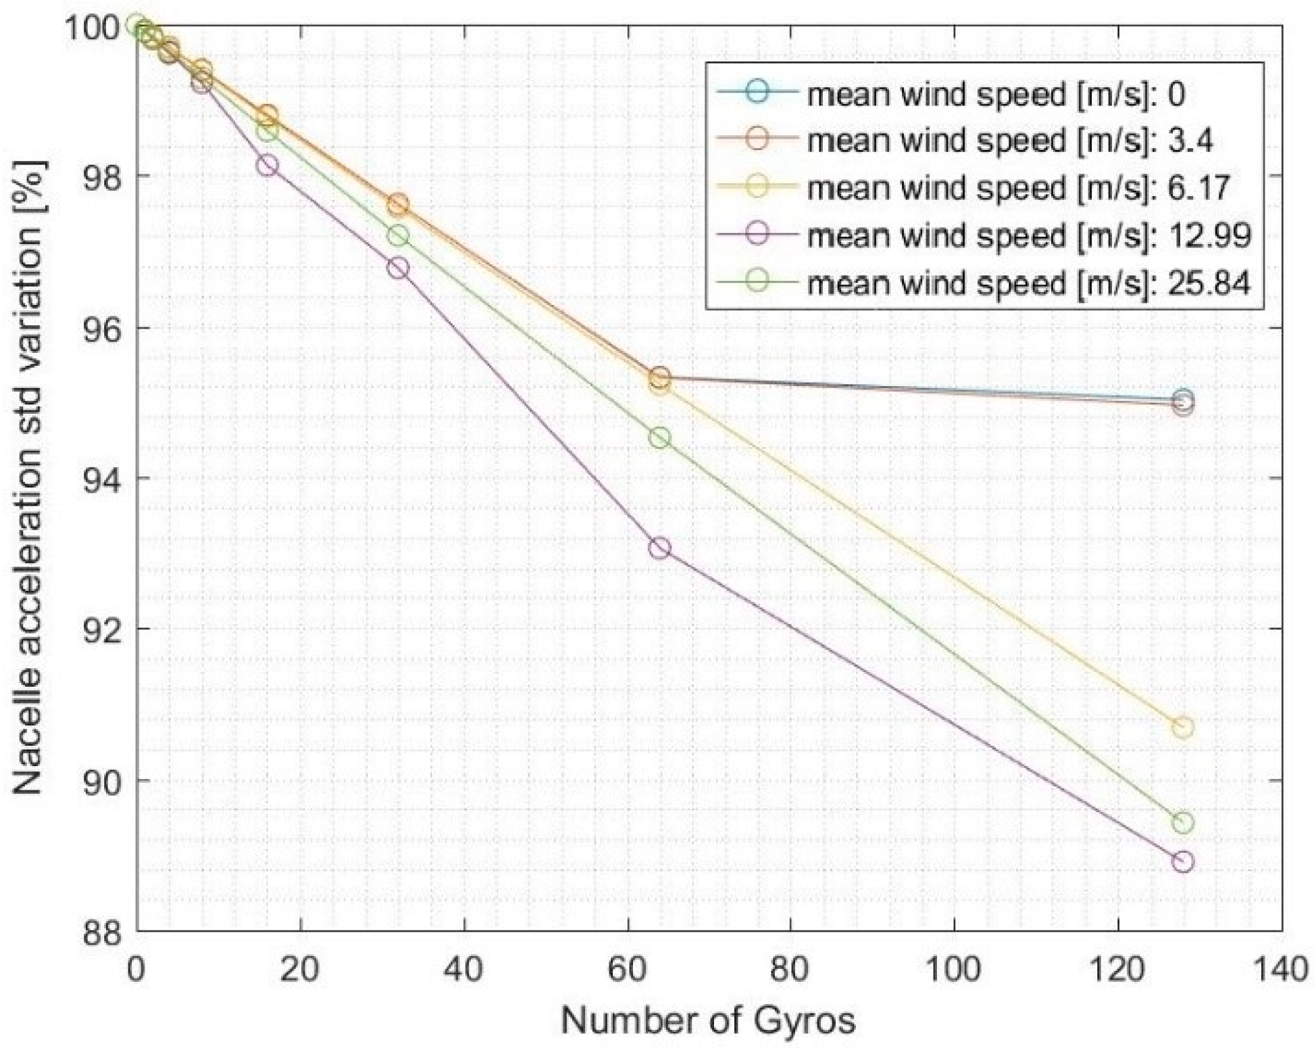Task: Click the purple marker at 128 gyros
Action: click(1182, 861)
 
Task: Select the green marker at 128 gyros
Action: click(1182, 823)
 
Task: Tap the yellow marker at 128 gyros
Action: click(1182, 728)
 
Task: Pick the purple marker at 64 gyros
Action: click(660, 548)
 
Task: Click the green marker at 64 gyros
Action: click(660, 438)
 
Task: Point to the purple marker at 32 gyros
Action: click(398, 268)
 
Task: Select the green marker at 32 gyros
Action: click(398, 235)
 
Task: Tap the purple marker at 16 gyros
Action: click(267, 166)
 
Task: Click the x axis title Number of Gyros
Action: click(708, 1020)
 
